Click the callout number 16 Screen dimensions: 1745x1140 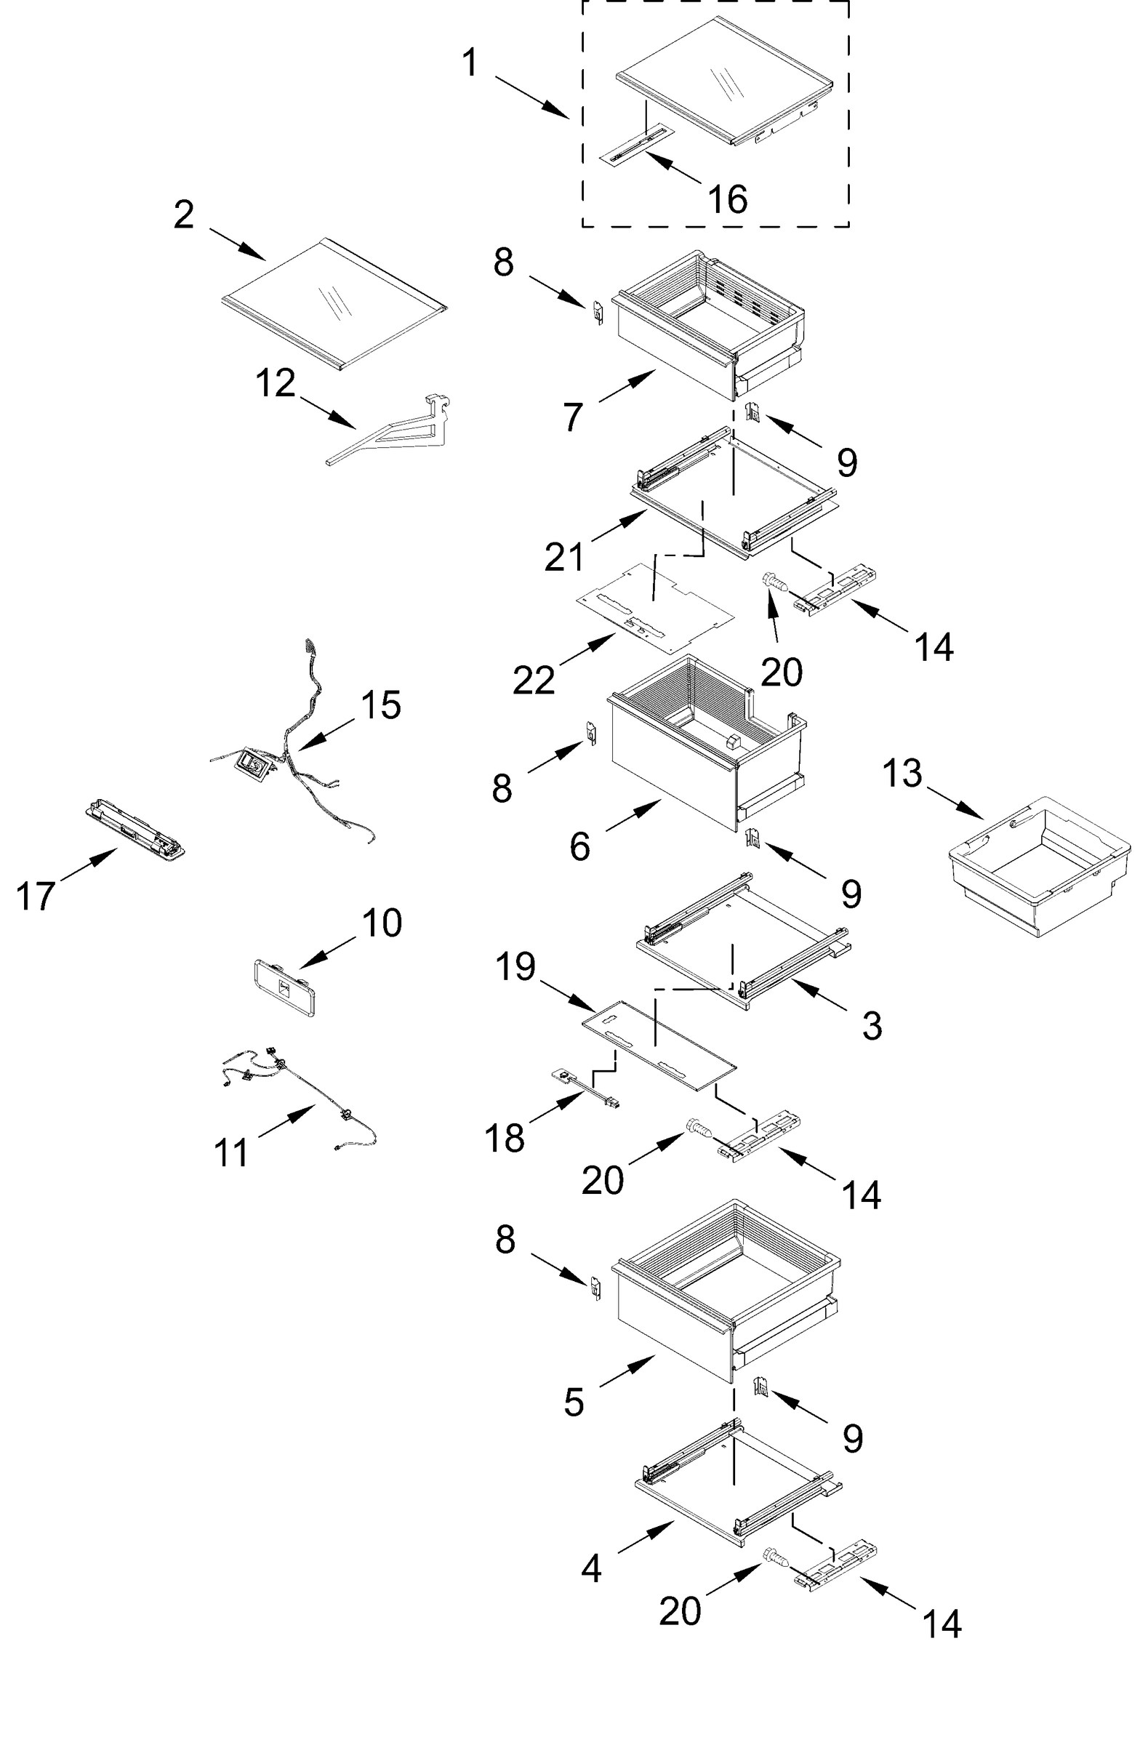[x=726, y=198]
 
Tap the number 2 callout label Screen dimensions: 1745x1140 [x=184, y=214]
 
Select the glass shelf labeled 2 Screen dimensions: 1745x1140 [x=334, y=301]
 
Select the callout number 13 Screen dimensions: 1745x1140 [x=901, y=774]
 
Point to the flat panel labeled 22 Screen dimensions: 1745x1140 [x=652, y=607]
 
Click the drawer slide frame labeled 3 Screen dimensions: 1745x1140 [x=740, y=942]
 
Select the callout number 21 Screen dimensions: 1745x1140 [x=563, y=557]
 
